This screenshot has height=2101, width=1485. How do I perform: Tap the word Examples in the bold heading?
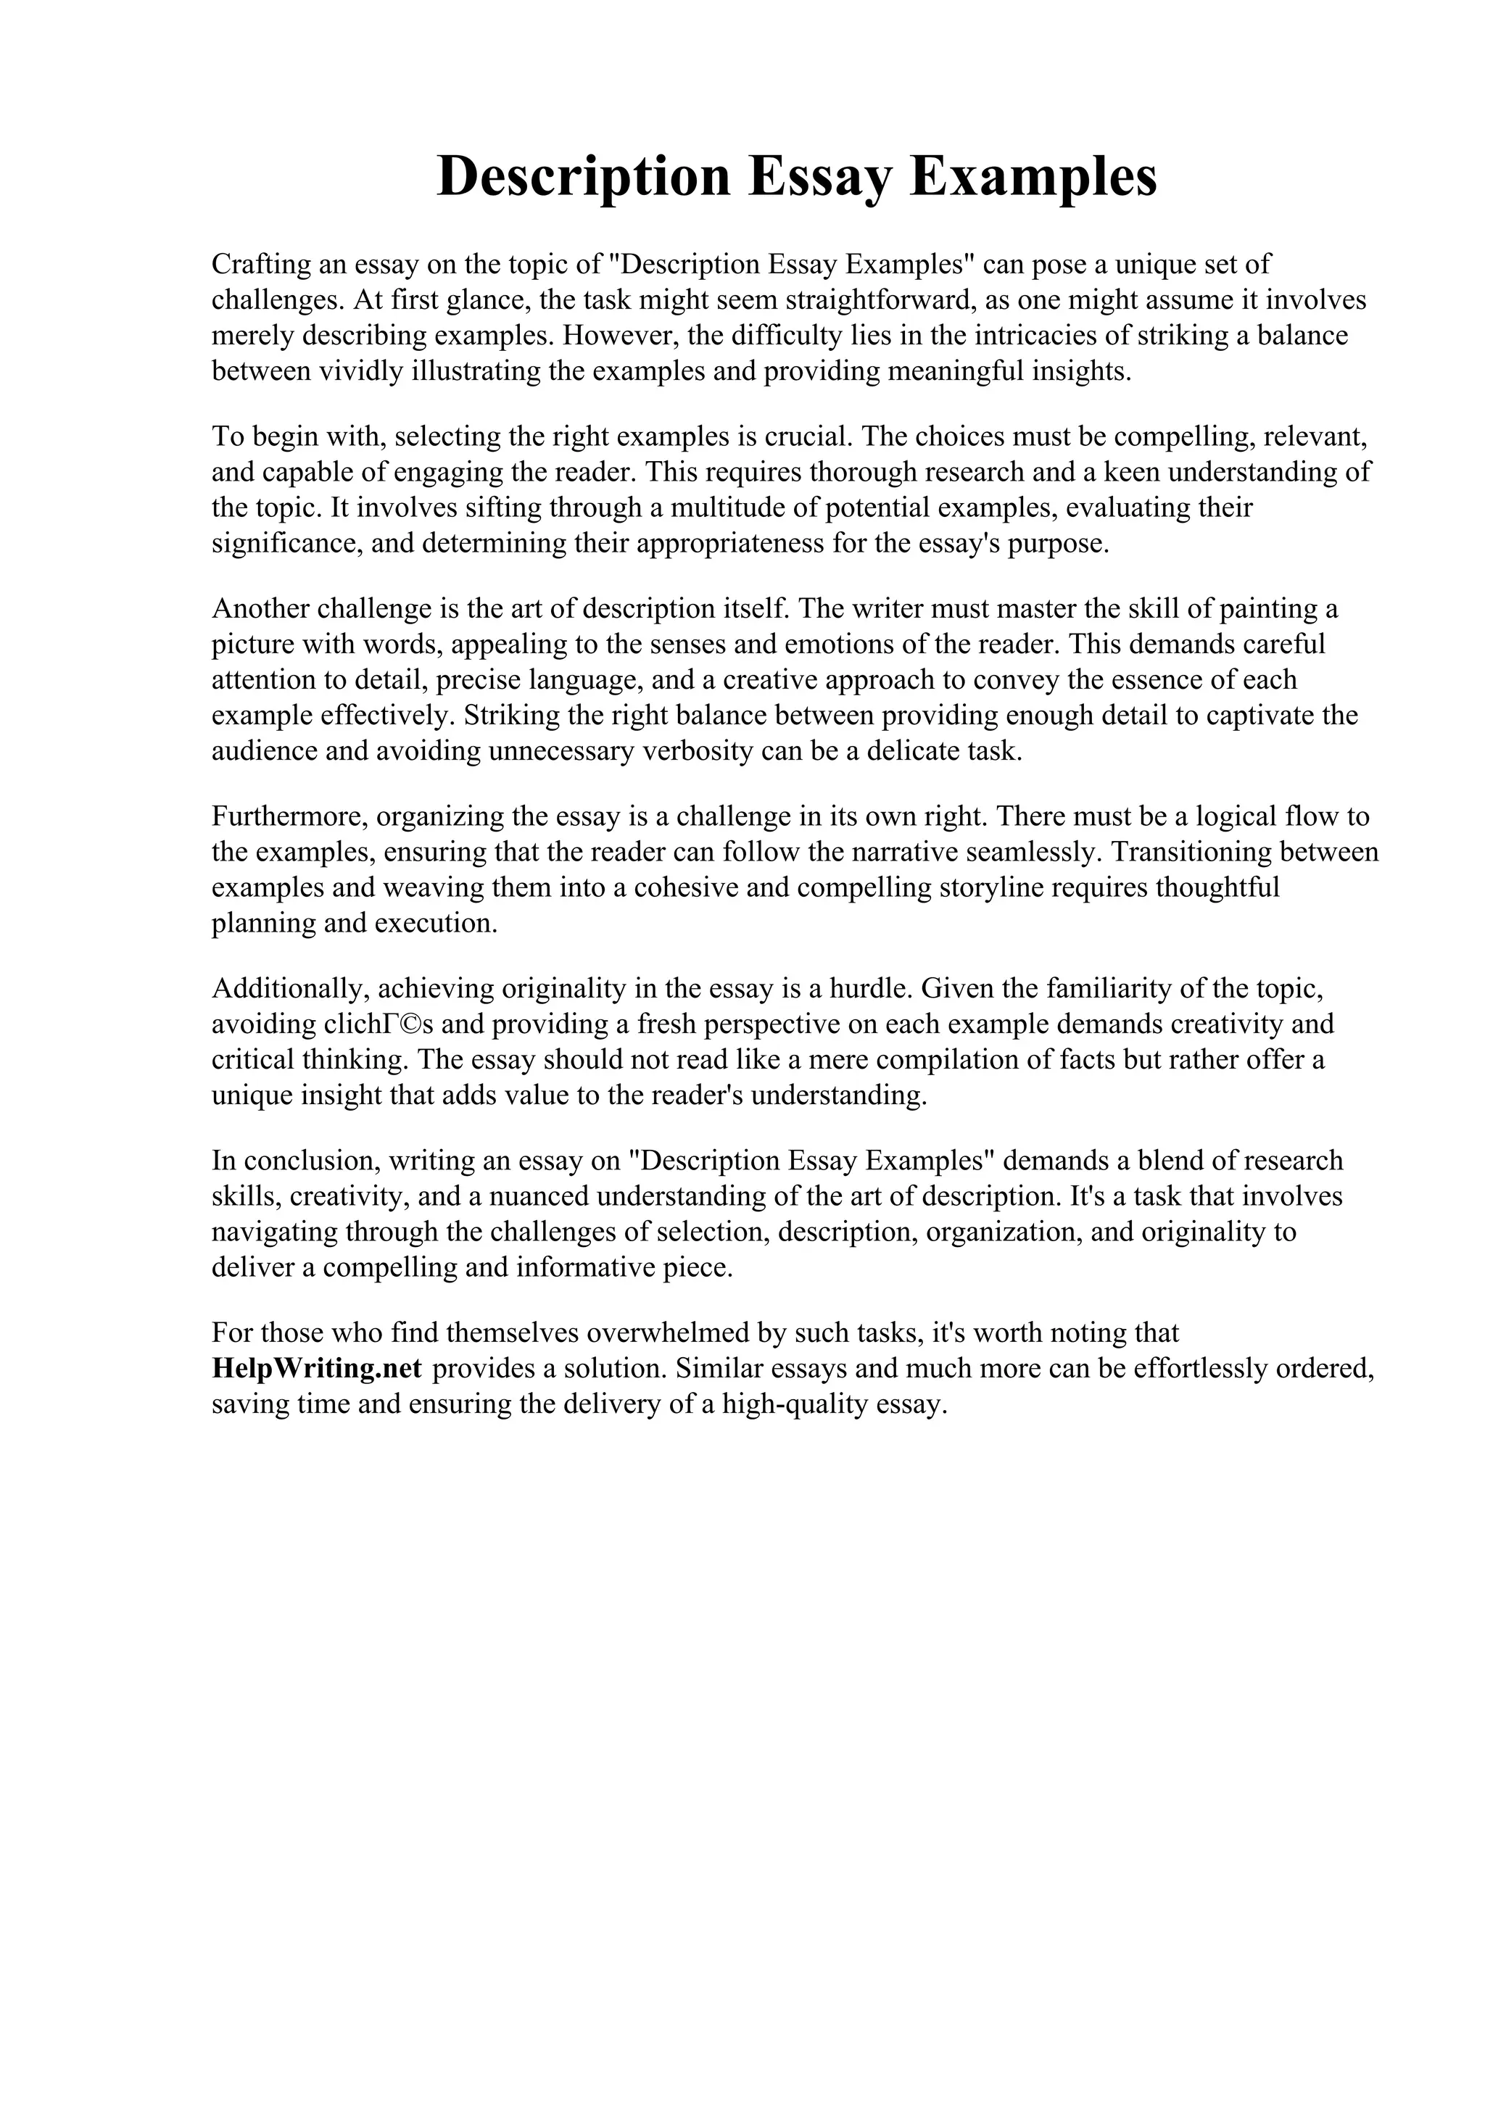(x=1033, y=177)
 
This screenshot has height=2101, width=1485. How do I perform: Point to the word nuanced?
(x=531, y=1196)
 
